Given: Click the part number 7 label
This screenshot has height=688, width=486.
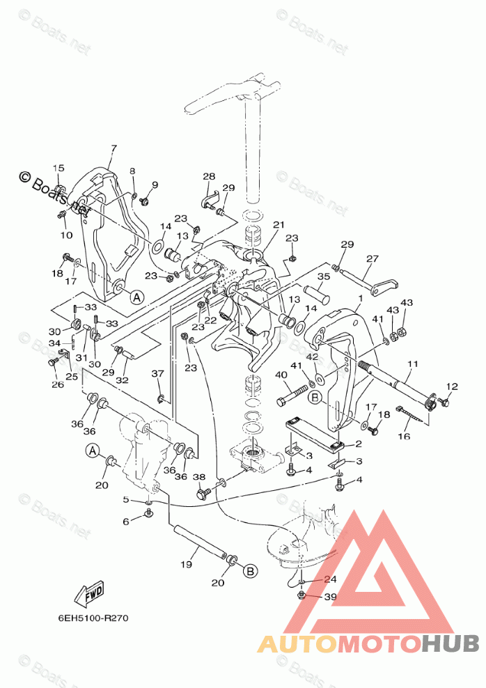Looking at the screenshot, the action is pyautogui.click(x=114, y=148).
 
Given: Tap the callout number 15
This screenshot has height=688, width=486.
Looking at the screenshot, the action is pyautogui.click(x=58, y=169).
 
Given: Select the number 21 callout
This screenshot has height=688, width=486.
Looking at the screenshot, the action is pyautogui.click(x=279, y=225).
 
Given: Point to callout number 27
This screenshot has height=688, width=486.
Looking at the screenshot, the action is pyautogui.click(x=373, y=259).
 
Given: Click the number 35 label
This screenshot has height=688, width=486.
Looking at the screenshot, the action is pyautogui.click(x=323, y=276).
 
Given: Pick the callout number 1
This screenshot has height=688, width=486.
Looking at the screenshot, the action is pyautogui.click(x=359, y=298).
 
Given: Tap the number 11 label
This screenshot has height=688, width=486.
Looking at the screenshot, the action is pyautogui.click(x=413, y=363).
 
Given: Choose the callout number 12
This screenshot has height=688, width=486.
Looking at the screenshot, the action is pyautogui.click(x=453, y=386).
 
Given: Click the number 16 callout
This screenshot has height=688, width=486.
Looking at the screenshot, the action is pyautogui.click(x=403, y=437).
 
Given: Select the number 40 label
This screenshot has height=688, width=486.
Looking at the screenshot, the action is pyautogui.click(x=281, y=375).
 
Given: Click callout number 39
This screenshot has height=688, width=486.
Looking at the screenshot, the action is pyautogui.click(x=330, y=597).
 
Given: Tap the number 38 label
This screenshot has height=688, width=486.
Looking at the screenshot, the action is pyautogui.click(x=199, y=477).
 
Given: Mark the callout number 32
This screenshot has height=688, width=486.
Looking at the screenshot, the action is pyautogui.click(x=123, y=380).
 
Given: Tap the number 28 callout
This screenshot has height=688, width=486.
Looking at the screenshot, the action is pyautogui.click(x=210, y=177).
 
